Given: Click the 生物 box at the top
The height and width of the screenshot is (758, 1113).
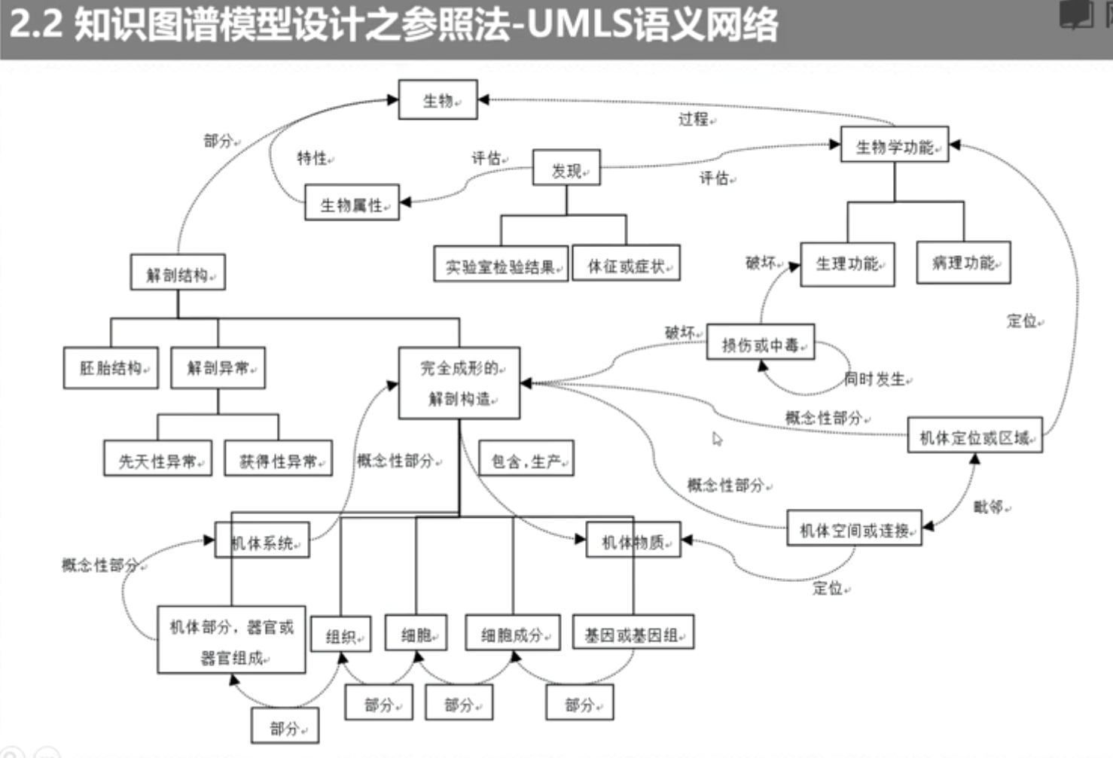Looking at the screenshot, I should (438, 100).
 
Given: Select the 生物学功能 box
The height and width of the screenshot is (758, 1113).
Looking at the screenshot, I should (894, 147).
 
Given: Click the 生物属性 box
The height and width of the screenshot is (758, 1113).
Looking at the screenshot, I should (352, 203).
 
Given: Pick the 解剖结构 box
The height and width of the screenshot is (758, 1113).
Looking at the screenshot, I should (178, 273).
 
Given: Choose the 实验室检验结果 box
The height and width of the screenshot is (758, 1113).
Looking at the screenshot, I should (501, 265).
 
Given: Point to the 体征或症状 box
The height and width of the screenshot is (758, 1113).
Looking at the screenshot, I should (627, 264).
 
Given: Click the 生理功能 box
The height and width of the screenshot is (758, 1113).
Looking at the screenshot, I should (847, 264).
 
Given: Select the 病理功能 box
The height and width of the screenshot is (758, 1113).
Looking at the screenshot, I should (963, 263).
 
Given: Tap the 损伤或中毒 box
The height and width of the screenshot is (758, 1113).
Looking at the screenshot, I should (760, 344).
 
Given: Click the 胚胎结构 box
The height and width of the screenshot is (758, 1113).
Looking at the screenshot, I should (111, 367).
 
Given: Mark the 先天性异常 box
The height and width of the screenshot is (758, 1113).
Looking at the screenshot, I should (157, 460).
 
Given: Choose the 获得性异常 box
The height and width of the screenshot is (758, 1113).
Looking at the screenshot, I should (279, 460).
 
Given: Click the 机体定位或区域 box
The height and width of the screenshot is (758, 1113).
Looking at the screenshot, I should (974, 437).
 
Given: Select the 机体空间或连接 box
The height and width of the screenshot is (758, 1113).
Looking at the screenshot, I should (854, 530).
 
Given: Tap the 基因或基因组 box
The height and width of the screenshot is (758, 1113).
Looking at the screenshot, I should (633, 634).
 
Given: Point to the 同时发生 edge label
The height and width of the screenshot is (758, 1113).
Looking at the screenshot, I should (875, 379).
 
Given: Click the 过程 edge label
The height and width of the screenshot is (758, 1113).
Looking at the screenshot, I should (693, 119).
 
